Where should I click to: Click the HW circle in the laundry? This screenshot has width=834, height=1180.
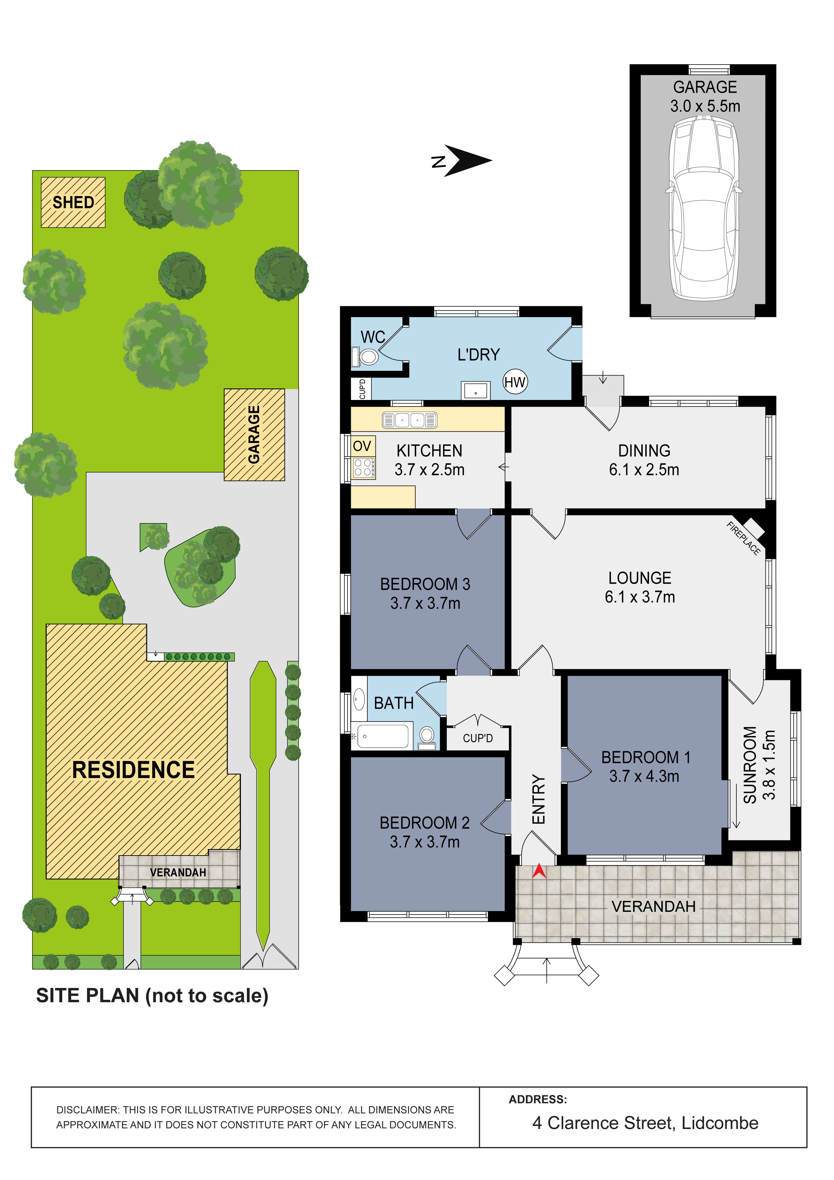point(515,382)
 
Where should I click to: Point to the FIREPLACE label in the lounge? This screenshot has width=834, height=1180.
point(743,538)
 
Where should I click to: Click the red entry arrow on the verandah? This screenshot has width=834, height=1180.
point(538,870)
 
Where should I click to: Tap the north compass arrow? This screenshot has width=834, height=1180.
point(468,160)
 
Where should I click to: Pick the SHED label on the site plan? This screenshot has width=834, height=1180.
point(73,203)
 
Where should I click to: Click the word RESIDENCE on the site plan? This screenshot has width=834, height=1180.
point(134,770)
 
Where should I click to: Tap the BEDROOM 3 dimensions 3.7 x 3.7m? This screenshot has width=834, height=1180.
point(425,603)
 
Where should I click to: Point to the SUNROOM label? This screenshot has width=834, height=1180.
point(750,765)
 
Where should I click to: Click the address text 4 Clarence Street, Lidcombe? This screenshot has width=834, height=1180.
point(645,1123)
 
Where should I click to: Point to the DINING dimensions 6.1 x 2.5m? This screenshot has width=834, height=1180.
point(644,469)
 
